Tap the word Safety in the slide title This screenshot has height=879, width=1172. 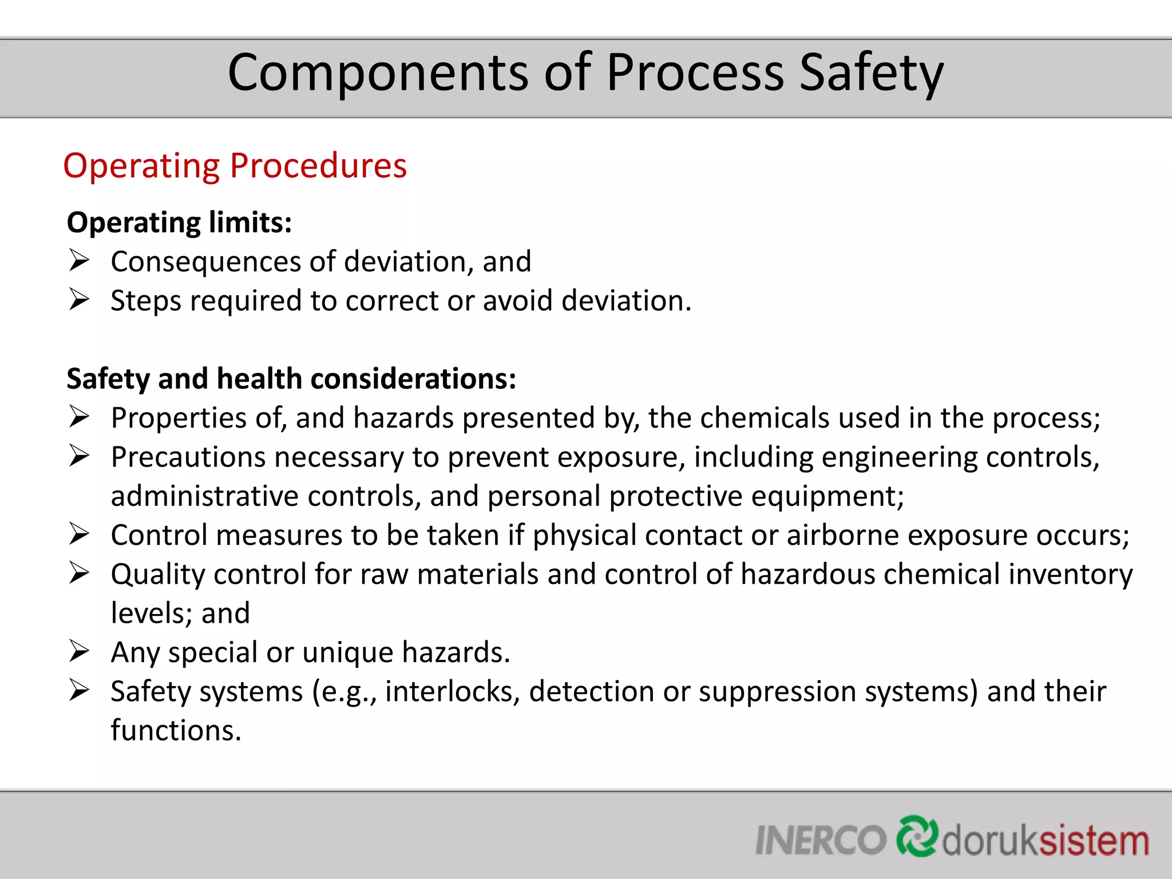(871, 73)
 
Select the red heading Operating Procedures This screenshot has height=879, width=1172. (235, 166)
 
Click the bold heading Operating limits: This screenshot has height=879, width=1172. (179, 223)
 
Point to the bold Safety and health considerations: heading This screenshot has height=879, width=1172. (291, 379)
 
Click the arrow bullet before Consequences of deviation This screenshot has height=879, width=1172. (79, 261)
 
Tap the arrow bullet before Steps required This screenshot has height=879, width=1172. (79, 300)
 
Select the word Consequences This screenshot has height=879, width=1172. (205, 262)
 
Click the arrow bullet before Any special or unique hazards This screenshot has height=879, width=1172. (79, 652)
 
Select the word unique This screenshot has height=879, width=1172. (347, 653)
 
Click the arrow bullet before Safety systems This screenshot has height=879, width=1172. (79, 691)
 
